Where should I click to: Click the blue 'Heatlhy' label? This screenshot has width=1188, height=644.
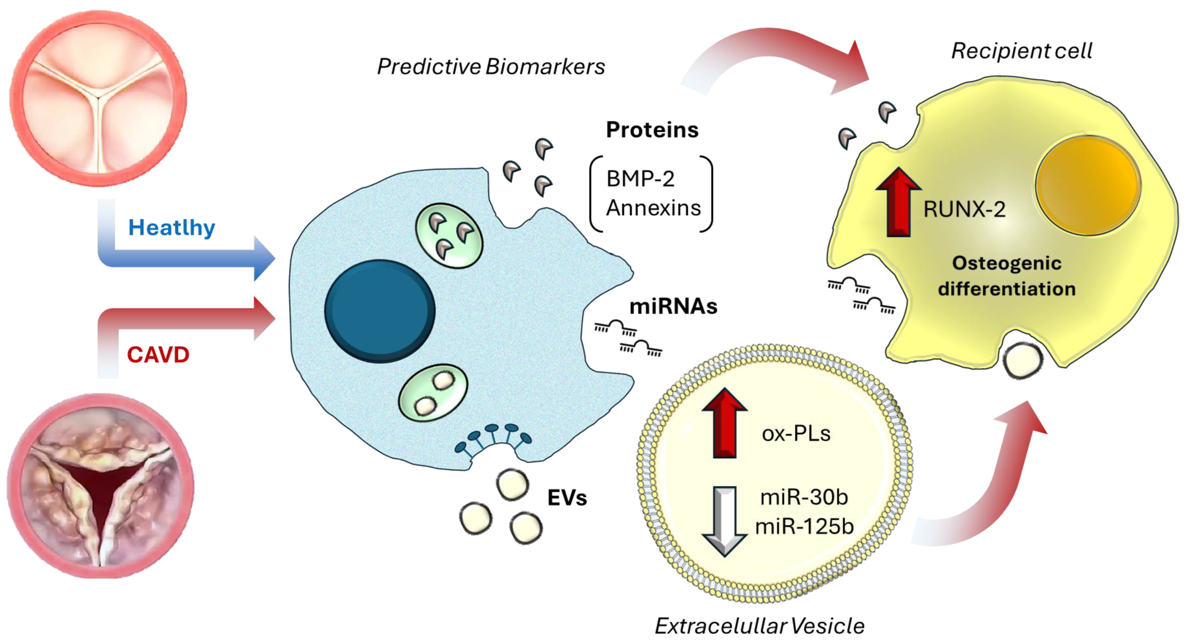click(172, 228)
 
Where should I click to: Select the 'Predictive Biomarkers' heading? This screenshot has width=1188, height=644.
click(491, 67)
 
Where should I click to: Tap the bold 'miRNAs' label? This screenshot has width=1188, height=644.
click(673, 307)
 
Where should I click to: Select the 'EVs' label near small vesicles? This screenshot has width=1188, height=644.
click(567, 498)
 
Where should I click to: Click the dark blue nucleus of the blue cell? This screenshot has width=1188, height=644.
click(379, 311)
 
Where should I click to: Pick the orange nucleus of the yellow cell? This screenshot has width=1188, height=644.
click(1087, 184)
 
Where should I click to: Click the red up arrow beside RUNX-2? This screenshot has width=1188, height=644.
click(898, 203)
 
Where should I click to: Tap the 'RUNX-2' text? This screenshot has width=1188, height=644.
click(964, 210)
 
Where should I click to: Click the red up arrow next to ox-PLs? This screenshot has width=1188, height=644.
click(724, 423)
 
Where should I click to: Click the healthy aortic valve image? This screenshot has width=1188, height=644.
click(98, 98)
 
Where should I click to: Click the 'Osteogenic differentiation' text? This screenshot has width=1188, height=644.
click(1007, 276)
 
